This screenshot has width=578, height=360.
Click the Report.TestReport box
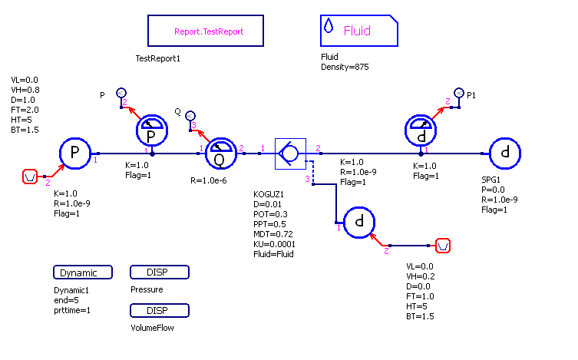pyautogui.click(x=206, y=32)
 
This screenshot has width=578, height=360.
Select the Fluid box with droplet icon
pyautogui.click(x=358, y=31)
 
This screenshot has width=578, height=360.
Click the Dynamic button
pyautogui.click(x=83, y=272)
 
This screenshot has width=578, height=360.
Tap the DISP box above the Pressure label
pyautogui.click(x=160, y=272)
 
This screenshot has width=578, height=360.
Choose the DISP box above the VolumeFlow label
pyautogui.click(x=160, y=311)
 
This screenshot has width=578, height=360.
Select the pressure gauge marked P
pyautogui.click(x=152, y=132)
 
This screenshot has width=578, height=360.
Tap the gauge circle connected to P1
pyautogui.click(x=421, y=132)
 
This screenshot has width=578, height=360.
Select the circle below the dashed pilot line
pyautogui.click(x=358, y=223)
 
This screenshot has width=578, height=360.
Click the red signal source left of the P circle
pyautogui.click(x=30, y=177)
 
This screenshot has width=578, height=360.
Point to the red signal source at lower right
pyautogui.click(x=443, y=246)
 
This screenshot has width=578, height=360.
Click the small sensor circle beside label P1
pyautogui.click(x=458, y=94)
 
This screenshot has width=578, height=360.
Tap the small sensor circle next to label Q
pyautogui.click(x=190, y=114)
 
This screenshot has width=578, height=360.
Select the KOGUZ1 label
pyautogui.click(x=268, y=194)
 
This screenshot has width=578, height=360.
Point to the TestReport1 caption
pyautogui.click(x=157, y=59)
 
